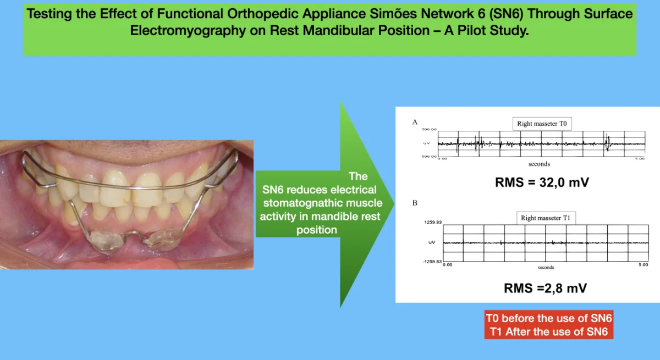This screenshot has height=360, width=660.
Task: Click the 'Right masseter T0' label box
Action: pyautogui.click(x=542, y=124)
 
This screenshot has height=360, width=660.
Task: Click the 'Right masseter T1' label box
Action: pyautogui.click(x=546, y=218)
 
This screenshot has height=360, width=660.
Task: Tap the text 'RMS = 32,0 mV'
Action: pyautogui.click(x=542, y=182)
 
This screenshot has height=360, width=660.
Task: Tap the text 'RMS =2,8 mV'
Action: pyautogui.click(x=545, y=288)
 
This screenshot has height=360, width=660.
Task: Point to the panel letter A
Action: pyautogui.click(x=415, y=122)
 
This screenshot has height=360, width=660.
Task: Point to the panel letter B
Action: pyautogui.click(x=415, y=203)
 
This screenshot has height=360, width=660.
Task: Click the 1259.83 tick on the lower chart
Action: pyautogui.click(x=433, y=222)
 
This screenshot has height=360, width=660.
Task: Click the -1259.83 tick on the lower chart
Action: pyautogui.click(x=432, y=262)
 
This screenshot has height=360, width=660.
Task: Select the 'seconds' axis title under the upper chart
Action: pyautogui.click(x=539, y=164)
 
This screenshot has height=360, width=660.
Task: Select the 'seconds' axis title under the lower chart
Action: pyautogui.click(x=546, y=267)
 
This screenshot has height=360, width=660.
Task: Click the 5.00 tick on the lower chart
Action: pyautogui.click(x=643, y=264)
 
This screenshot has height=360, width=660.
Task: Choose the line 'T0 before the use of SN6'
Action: pyautogui.click(x=549, y=318)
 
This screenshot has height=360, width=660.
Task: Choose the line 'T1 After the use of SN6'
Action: pyautogui.click(x=549, y=332)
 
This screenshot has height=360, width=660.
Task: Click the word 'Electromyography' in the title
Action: pyautogui.click(x=188, y=30)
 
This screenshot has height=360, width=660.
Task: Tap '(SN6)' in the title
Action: pyautogui.click(x=506, y=14)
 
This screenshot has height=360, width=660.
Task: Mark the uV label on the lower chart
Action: pyautogui.click(x=432, y=242)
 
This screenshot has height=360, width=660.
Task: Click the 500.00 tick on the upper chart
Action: pyautogui.click(x=429, y=129)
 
